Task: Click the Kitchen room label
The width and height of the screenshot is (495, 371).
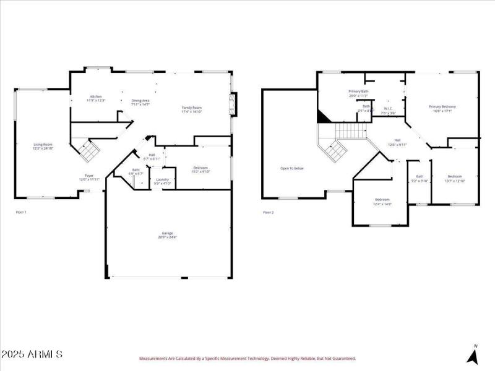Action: [96, 98]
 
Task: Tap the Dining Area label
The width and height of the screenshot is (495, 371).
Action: [140, 102]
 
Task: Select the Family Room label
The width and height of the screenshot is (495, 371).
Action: [191, 109]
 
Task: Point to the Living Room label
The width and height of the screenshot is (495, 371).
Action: [43, 146]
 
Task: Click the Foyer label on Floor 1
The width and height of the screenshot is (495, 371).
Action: [90, 177]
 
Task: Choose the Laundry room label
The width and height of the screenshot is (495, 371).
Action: [163, 181]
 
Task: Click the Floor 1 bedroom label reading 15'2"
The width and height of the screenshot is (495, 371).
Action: [200, 169]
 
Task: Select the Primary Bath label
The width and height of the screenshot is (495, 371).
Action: [358, 93]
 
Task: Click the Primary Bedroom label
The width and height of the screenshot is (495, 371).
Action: [442, 109]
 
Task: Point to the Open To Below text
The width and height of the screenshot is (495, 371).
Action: [292, 168]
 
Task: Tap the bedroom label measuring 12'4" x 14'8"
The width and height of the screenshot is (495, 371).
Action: [382, 201]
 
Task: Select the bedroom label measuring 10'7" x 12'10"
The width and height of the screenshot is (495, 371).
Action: [455, 179]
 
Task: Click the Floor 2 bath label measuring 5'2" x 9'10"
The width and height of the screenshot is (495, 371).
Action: [420, 179]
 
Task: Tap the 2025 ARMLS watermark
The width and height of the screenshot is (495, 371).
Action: [32, 354]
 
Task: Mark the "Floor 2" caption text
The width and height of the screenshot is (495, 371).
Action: [268, 212]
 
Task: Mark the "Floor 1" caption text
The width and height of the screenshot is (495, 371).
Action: [21, 212]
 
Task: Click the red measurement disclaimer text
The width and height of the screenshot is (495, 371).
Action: [247, 358]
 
